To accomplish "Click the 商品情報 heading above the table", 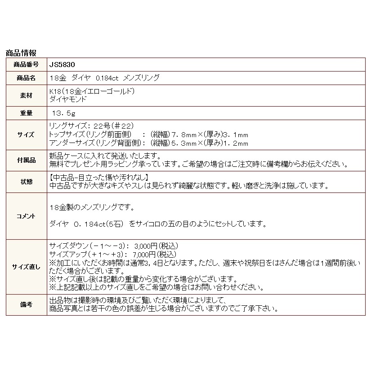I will tap(21, 53).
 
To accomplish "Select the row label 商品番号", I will tap(27, 65).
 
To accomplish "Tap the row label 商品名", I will tap(27, 78).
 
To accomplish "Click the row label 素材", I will tap(27, 95).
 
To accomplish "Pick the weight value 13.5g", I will tap(64, 112).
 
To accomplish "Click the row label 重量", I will tap(27, 112).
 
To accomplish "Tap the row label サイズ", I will tap(27, 134).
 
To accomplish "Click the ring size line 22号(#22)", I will tap(108, 125).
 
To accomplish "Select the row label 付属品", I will tap(27, 160).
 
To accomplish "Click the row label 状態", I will tap(27, 181).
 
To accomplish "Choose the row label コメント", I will tap(27, 216).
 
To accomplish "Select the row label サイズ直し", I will tap(27, 267).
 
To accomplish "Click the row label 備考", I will tap(27, 305).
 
